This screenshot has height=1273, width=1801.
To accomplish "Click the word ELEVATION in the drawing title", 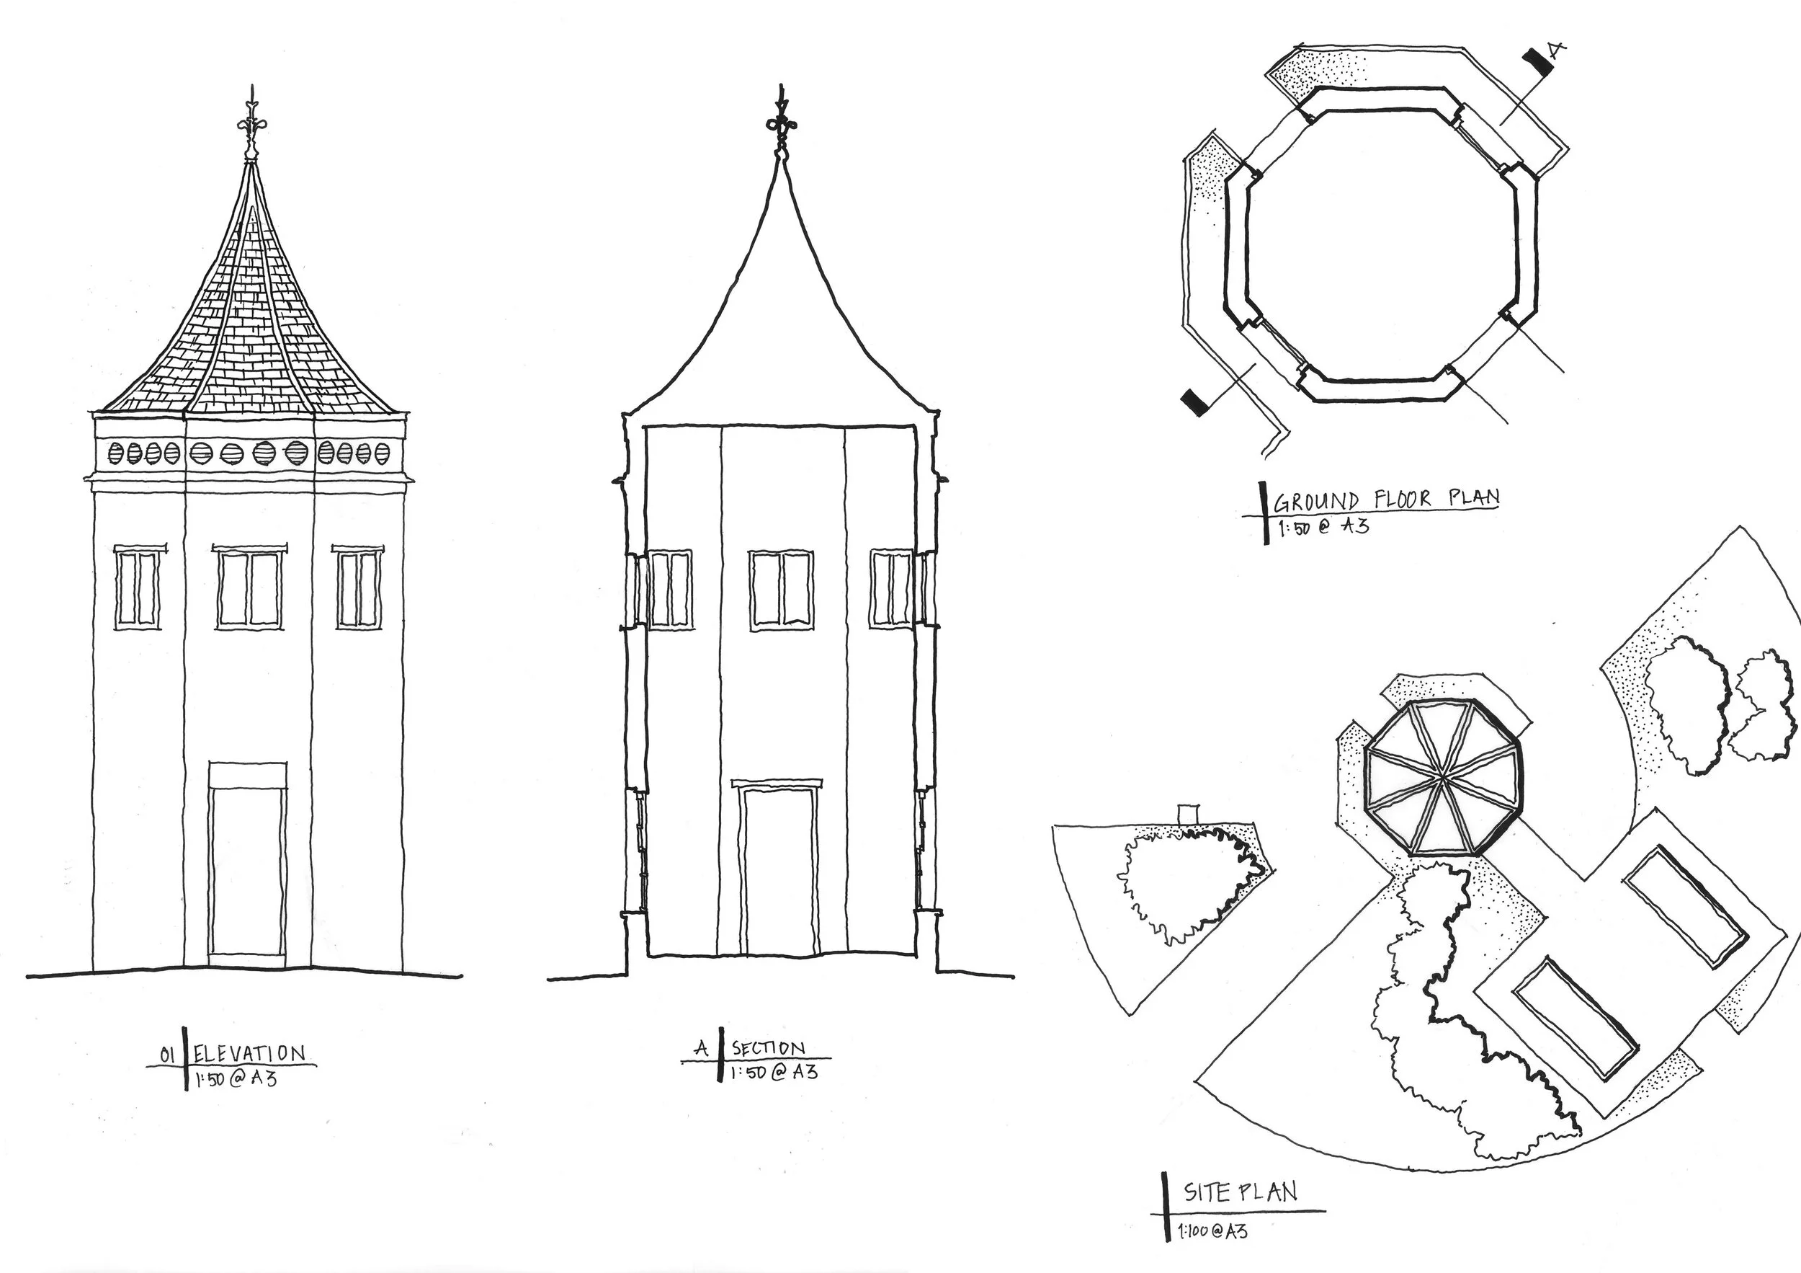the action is click(x=249, y=1053).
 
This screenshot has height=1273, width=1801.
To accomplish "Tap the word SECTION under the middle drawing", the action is click(x=768, y=1049).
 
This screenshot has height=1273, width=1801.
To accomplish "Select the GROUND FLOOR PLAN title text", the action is click(x=1387, y=498).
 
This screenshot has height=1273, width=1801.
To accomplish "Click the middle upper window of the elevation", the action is click(x=249, y=585).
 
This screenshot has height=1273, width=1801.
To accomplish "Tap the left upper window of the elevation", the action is click(x=139, y=586).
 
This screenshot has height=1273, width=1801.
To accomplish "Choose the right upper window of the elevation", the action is click(x=359, y=586).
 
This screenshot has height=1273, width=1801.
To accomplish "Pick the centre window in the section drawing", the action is click(x=781, y=590).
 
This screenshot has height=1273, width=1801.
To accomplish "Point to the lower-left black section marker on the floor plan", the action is click(x=1194, y=403).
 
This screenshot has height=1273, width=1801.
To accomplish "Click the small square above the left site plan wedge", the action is click(x=1189, y=814).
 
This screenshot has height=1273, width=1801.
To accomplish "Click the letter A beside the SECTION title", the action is click(x=702, y=1049).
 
